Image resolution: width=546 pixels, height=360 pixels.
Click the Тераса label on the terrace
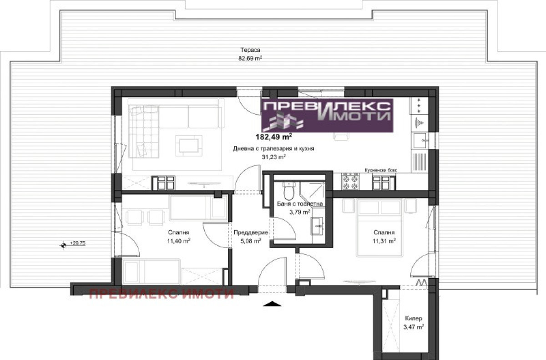250,50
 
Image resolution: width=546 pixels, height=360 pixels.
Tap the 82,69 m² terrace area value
250,58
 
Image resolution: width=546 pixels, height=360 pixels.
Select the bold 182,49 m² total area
274,137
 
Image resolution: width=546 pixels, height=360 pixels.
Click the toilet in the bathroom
289,191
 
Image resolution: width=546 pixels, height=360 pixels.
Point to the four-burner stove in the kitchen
351,181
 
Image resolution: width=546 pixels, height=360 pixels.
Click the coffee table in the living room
189,146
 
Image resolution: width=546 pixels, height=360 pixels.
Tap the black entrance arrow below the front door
273,304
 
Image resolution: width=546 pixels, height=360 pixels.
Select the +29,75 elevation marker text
77,243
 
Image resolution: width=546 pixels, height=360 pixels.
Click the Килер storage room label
414,318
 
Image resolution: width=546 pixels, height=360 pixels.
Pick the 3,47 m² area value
414,327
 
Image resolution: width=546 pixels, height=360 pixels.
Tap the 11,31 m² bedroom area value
384,241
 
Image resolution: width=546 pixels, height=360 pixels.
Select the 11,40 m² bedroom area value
179,241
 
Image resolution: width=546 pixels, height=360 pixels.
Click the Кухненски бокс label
381,170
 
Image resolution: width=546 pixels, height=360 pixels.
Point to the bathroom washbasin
317,226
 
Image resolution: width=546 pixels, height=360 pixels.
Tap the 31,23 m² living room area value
274,157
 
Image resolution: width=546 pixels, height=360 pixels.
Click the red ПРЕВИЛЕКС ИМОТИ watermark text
162,294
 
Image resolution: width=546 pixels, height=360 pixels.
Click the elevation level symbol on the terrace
64,245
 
